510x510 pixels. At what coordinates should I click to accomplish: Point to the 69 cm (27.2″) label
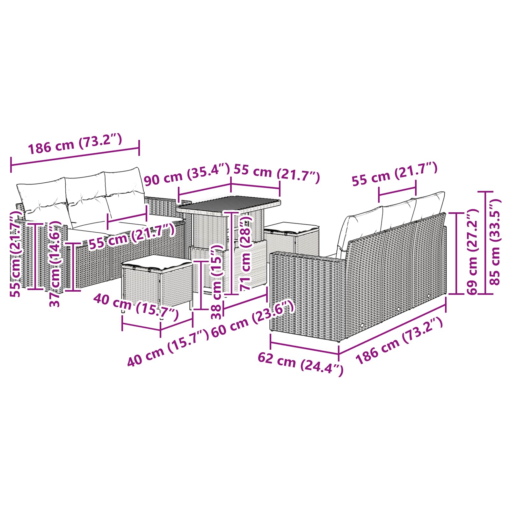(x=472, y=252)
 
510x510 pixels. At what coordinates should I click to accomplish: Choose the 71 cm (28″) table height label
(x=247, y=252)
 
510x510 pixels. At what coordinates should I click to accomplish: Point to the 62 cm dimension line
(x=304, y=347)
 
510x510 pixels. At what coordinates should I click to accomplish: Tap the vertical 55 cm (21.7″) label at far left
(x=15, y=255)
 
